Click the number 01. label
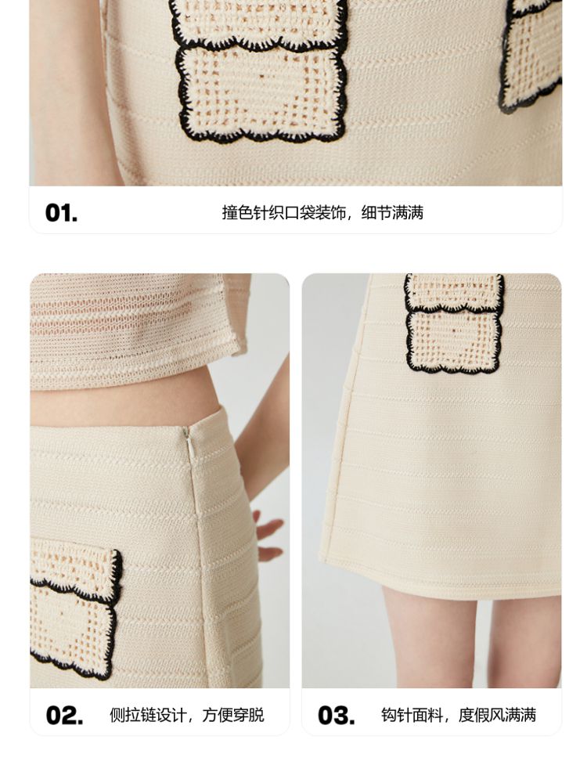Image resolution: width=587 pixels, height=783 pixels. click(x=61, y=213)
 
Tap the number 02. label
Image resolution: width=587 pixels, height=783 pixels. click(x=64, y=716)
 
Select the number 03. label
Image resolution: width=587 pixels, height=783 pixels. click(x=337, y=716)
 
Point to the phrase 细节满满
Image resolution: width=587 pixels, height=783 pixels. click(x=392, y=213)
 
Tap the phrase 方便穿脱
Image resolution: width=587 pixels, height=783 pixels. click(x=233, y=715)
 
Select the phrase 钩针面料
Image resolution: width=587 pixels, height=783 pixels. click(x=412, y=715)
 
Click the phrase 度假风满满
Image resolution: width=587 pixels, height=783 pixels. click(x=497, y=715)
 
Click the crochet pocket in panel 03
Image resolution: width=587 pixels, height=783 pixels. click(x=454, y=323)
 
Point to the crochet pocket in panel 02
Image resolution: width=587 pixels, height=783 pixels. click(x=75, y=608)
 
